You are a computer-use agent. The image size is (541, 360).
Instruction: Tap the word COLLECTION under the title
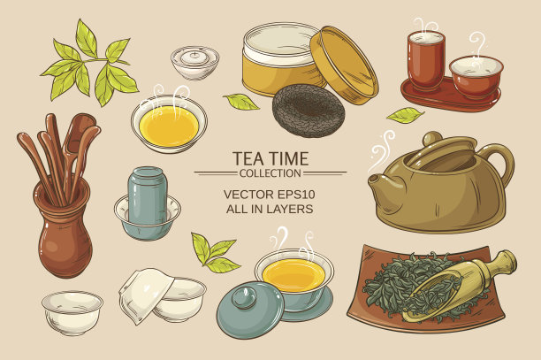tap(270, 173)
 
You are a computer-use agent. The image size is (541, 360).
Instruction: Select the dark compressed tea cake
tap(309, 111)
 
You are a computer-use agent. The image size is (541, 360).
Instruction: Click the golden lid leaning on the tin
tap(344, 65)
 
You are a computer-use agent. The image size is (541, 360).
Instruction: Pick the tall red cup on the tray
tap(426, 60)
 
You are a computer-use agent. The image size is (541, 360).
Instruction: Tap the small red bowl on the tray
tap(476, 77)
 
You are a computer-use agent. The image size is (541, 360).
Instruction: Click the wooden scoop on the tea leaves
tap(458, 286)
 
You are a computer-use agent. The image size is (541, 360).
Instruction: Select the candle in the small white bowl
tap(195, 57)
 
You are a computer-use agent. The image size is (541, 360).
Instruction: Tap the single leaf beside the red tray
tap(406, 115)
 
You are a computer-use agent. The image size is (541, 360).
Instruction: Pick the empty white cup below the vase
tap(72, 312)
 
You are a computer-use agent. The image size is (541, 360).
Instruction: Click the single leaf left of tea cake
tap(240, 102)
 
